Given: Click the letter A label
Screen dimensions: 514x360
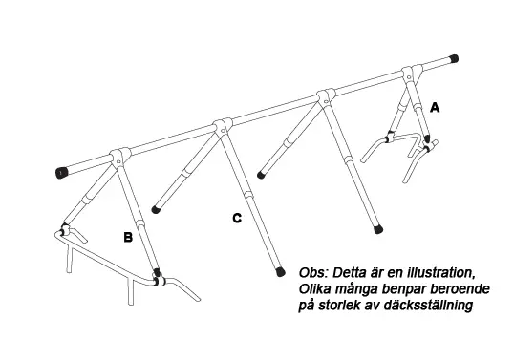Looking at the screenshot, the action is tap(435, 107).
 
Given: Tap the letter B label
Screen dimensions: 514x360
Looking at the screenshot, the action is tap(128, 237).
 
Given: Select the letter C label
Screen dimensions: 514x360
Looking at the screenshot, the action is tap(237, 218).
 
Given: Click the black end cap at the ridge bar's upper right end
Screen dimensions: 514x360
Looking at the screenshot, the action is tap(454, 59).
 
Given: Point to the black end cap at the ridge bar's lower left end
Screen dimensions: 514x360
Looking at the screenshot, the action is tap(62, 173).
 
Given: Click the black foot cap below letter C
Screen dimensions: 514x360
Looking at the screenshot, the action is tap(280, 271).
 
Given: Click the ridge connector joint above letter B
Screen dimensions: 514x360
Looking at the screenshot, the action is tap(118, 157).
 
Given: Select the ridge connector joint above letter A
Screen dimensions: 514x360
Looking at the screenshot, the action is tap(411, 74).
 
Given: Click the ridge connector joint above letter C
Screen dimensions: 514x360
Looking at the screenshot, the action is tap(224, 126).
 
